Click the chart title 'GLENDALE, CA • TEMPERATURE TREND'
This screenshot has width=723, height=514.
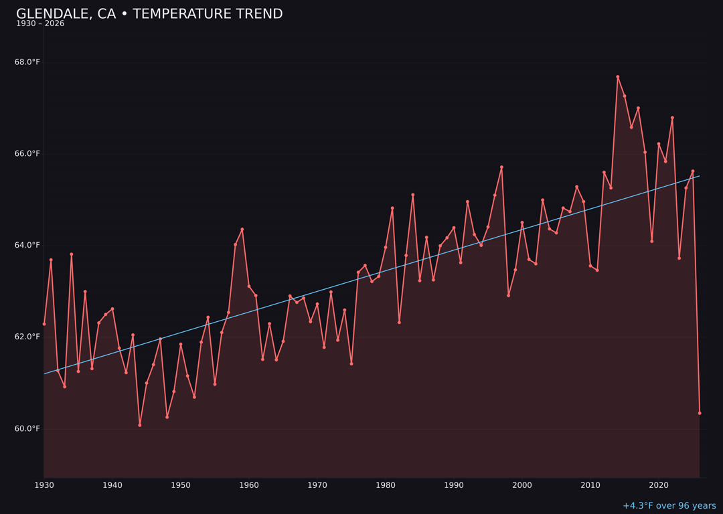[x=149, y=14]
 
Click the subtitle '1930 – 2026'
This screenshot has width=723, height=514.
[x=40, y=24]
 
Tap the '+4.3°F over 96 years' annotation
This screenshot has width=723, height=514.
[x=669, y=506]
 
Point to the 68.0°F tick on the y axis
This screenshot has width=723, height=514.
[x=27, y=62]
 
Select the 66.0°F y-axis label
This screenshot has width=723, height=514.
[x=27, y=154]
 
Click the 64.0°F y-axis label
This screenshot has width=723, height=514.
[x=27, y=246]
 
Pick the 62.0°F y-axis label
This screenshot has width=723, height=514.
[x=27, y=337]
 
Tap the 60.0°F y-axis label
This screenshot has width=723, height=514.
[x=27, y=428]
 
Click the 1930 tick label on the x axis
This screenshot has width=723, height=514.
[x=44, y=485]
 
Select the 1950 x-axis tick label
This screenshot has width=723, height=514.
[x=181, y=485]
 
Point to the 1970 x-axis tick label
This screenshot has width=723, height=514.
[x=317, y=485]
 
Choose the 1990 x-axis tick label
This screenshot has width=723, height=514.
[x=454, y=485]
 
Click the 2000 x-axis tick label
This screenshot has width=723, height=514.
[x=522, y=485]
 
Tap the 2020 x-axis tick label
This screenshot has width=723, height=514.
[x=659, y=485]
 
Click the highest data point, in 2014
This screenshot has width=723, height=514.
[x=618, y=77]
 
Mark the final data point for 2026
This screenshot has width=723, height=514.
[x=700, y=413]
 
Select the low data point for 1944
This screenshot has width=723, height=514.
[x=140, y=425]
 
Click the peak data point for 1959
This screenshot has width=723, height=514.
[x=242, y=230]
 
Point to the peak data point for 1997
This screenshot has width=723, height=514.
[x=501, y=167]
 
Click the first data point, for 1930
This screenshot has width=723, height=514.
[x=44, y=324]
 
